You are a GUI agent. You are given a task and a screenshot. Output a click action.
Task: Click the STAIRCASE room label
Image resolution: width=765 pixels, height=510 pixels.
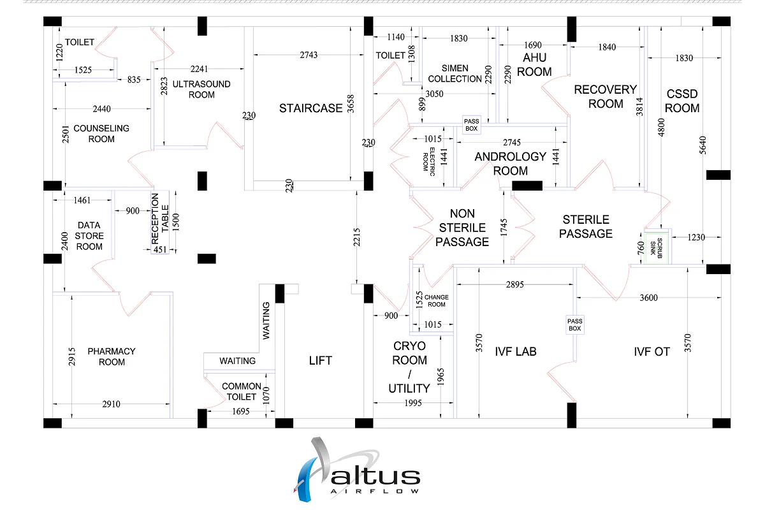[x=311, y=108]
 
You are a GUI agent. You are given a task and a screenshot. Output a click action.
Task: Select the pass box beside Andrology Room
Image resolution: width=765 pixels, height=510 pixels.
[x=471, y=124]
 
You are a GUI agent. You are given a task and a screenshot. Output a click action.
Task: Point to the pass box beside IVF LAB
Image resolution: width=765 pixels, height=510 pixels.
[x=575, y=325]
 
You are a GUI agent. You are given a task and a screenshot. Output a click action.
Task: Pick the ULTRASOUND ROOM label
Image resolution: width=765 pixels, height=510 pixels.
[x=202, y=89]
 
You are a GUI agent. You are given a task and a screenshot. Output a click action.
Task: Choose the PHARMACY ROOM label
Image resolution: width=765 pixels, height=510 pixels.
[x=112, y=356]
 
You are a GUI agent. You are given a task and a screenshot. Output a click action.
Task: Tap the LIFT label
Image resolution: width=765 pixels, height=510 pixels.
[x=320, y=361]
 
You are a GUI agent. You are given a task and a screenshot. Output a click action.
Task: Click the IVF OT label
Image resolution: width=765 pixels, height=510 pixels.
[x=652, y=351]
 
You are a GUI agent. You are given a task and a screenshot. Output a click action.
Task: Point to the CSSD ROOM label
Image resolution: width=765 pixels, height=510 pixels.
[x=682, y=101]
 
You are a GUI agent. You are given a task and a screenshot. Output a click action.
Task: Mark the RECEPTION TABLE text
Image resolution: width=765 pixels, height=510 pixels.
[x=160, y=219]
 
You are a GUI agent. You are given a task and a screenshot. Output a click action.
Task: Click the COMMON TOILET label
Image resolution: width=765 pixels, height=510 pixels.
[x=241, y=391]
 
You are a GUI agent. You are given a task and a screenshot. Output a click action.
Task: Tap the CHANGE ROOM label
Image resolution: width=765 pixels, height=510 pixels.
[x=437, y=300]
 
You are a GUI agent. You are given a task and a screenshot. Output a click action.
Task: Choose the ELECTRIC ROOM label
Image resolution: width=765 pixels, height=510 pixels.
[x=429, y=159]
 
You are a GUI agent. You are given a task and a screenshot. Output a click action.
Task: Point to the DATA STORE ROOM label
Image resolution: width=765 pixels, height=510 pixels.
[x=90, y=236]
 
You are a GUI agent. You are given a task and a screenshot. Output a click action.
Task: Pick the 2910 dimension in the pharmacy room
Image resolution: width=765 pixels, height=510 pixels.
[x=112, y=404]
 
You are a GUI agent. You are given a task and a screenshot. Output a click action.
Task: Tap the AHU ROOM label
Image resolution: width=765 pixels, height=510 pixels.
[x=534, y=64]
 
